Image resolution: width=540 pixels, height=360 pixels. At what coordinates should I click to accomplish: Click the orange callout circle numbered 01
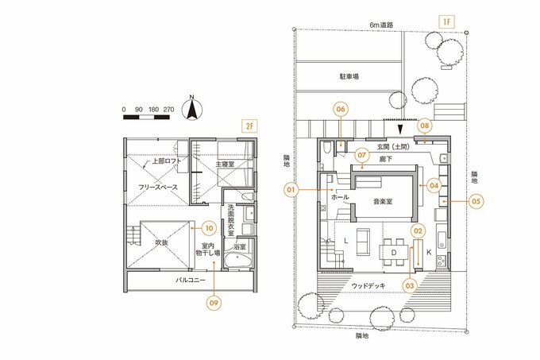point(291,190)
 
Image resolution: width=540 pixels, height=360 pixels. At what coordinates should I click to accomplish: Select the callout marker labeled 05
point(476,202)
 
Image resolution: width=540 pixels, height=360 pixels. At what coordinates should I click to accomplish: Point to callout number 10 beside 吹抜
point(208,226)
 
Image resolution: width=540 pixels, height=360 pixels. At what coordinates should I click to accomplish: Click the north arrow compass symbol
point(191,107)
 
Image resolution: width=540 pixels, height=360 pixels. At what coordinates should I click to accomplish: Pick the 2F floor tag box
point(249,126)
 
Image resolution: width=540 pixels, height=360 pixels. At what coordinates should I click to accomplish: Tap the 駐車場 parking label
point(350,76)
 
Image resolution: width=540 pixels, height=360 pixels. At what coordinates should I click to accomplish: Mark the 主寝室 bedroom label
point(225,164)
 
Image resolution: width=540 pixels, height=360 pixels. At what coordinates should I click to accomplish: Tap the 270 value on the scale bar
point(168,107)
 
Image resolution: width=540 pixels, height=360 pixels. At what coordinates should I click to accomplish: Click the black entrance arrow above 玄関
point(400,127)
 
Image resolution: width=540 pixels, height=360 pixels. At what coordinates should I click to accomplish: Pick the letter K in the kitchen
point(429,252)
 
